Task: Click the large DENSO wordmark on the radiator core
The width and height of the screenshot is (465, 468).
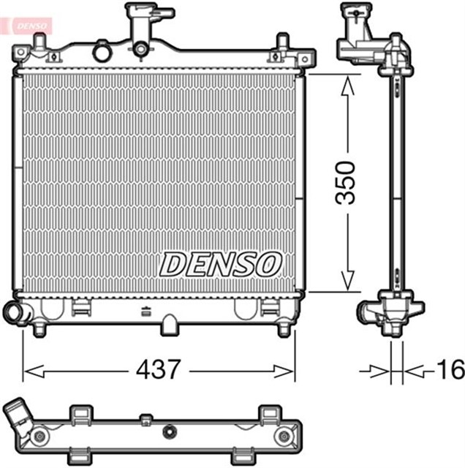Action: click(221, 263)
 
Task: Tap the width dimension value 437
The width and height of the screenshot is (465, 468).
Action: click(158, 370)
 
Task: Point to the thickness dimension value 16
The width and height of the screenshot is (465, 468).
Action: click(449, 370)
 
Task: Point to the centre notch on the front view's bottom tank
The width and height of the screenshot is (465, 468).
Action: click(170, 322)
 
